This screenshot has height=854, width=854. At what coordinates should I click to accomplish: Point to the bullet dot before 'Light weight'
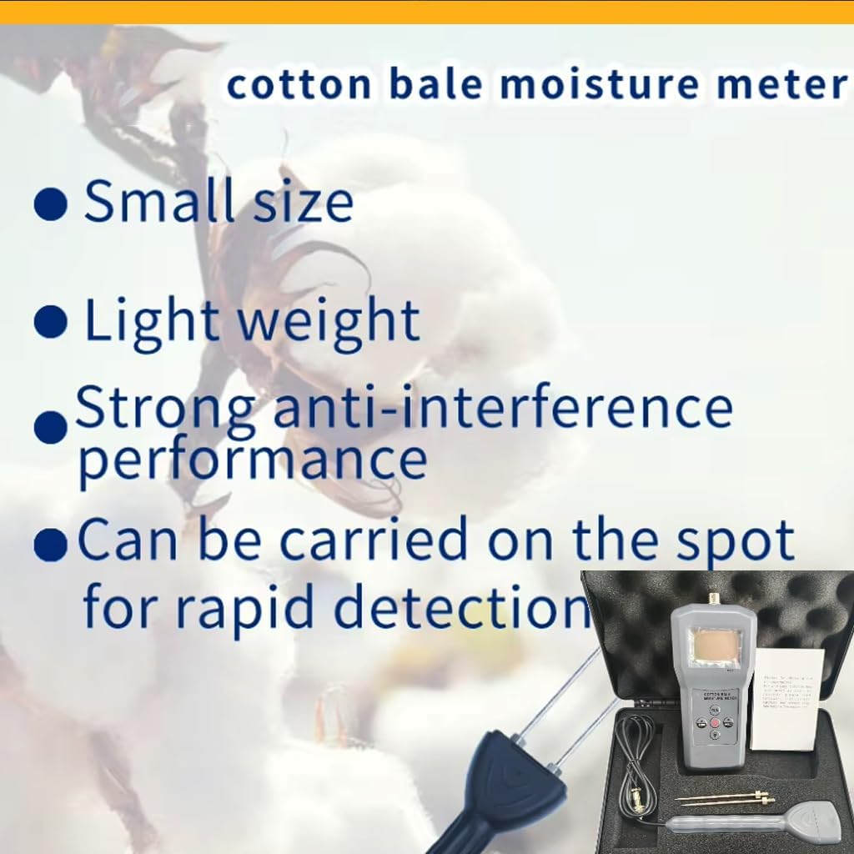(50, 322)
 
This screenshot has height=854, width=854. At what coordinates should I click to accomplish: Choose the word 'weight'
(334, 321)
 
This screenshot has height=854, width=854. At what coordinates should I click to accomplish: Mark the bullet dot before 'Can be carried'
(50, 547)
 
